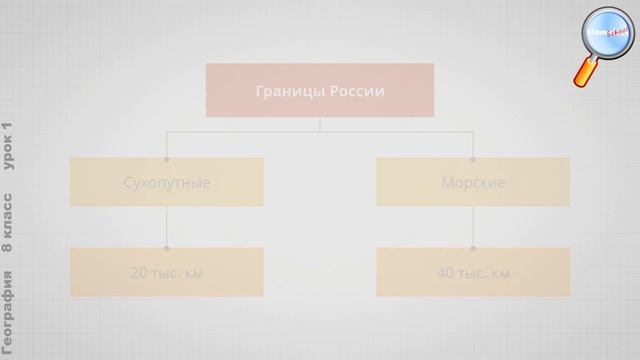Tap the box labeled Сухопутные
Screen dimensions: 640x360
pyautogui.click(x=167, y=183)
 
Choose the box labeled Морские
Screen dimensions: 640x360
pyautogui.click(x=473, y=183)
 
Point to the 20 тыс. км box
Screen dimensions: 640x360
pyautogui.click(x=167, y=272)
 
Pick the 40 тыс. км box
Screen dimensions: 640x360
pyautogui.click(x=473, y=272)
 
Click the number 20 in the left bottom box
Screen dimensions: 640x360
pyautogui.click(x=140, y=272)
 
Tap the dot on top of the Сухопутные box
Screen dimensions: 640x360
pyautogui.click(x=167, y=158)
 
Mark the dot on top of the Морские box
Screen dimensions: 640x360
pyautogui.click(x=473, y=158)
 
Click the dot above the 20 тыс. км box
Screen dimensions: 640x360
pyautogui.click(x=167, y=247)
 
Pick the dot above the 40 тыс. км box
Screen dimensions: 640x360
pyautogui.click(x=473, y=247)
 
